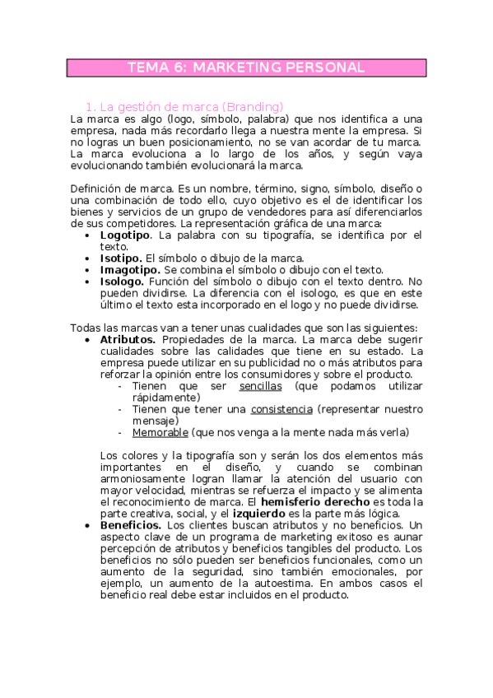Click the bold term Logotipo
126,235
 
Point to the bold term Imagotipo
130,269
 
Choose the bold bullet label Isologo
122,281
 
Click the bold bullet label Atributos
128,339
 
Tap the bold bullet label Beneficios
130,525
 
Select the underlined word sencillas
260,385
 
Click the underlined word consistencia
281,409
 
